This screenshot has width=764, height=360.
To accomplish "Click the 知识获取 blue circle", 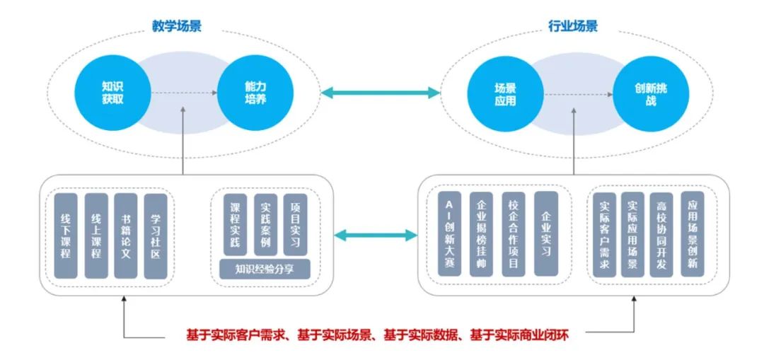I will coord(112,93).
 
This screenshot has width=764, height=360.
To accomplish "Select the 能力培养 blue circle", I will coord(256,93).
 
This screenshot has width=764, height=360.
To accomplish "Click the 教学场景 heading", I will coord(176,26).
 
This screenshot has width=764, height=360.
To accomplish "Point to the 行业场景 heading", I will coord(573,26).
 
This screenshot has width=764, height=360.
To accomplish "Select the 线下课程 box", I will coord(66,236).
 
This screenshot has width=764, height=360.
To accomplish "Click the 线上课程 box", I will coord(95,236).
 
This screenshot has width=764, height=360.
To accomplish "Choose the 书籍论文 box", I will coord(125,236).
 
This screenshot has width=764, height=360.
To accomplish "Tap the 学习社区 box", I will coord(156,236).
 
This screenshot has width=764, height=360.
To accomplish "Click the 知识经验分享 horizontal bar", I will coord(264,269).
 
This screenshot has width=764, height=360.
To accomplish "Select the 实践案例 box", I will coord(265,225).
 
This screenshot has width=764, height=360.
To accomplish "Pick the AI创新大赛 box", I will coord(449,233).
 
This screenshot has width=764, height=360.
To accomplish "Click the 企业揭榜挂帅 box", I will coord(481,233).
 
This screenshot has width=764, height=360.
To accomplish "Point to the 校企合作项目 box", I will coord(514,233).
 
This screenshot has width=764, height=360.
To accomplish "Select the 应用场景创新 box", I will coord(693,233).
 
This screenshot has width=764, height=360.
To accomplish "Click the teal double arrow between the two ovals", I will coord(379,93).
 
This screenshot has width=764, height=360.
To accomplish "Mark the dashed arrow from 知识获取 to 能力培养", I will coord(184,93).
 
